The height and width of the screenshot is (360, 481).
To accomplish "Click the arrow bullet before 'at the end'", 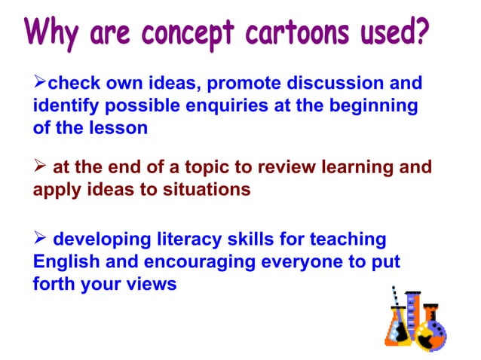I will pos(40,167).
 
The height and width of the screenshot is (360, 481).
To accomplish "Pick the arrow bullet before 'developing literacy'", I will pos(40,240).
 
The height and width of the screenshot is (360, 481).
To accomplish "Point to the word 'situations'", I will pos(208,190).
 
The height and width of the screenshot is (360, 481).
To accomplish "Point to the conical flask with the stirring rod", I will pos(397,324).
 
